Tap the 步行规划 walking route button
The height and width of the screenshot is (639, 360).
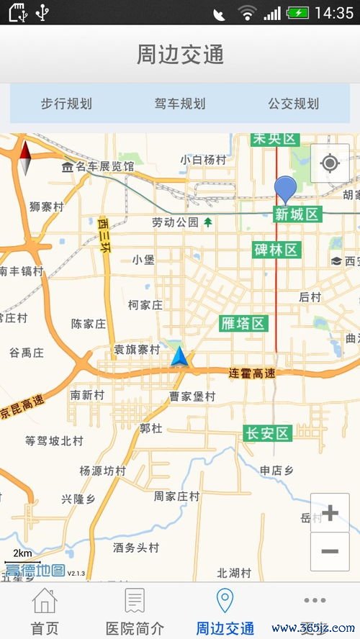(x=66, y=104)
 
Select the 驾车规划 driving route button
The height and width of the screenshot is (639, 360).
(x=180, y=104)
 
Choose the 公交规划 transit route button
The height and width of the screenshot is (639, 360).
(x=293, y=104)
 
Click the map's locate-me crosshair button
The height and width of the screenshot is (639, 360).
(x=330, y=163)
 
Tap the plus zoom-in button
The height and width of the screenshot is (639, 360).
(x=330, y=513)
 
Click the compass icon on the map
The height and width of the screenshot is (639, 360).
(x=25, y=158)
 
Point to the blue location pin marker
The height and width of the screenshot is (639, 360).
(x=285, y=189)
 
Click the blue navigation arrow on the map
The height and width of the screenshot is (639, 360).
(x=180, y=356)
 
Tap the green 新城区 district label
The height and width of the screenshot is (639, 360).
(x=297, y=214)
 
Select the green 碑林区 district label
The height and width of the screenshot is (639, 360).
(x=276, y=250)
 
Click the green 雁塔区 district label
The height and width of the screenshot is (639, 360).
(x=243, y=323)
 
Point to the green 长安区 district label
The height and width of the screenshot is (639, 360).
(x=267, y=433)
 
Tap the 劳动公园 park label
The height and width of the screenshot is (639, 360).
(x=176, y=222)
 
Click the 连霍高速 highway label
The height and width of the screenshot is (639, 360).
(x=253, y=373)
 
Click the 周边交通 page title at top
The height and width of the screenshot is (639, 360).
(x=180, y=55)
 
